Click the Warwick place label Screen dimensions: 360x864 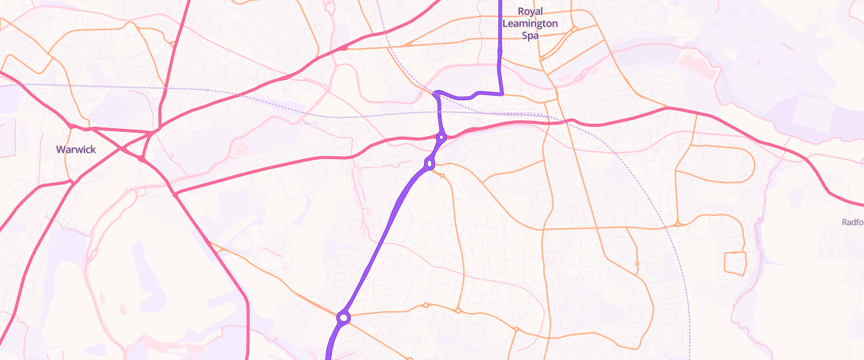tap(75, 150)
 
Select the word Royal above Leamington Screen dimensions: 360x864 tap(530, 12)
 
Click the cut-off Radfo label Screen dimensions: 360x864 tap(852, 222)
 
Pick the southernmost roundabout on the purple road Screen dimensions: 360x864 tap(343, 318)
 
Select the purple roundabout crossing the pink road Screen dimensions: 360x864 tap(441, 136)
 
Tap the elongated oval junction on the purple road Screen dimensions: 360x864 tap(430, 163)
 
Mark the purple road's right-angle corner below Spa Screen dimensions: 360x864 tap(501, 94)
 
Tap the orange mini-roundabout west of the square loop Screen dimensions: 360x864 tap(678, 224)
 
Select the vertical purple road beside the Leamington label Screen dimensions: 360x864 tap(500, 43)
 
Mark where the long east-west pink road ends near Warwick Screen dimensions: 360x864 tap(176, 194)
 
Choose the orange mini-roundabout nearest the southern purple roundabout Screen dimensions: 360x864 tap(426, 305)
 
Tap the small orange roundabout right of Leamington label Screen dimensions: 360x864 tap(575, 30)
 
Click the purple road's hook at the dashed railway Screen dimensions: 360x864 tap(436, 93)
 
